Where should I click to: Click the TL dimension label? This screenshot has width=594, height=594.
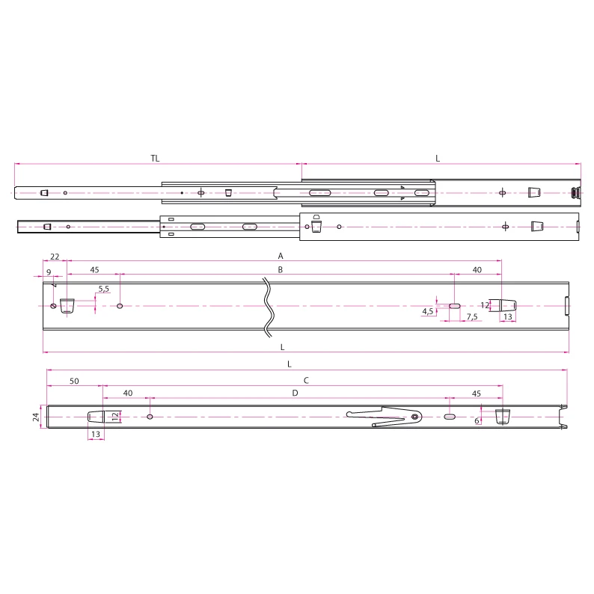[155, 158]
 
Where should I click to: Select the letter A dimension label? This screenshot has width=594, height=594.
[280, 255]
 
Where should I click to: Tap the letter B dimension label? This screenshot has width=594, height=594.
[280, 269]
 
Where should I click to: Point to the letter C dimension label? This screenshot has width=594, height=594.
[305, 380]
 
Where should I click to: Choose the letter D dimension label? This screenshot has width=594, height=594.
[295, 392]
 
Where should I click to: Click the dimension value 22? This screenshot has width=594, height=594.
[55, 256]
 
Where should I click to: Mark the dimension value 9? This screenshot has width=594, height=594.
[49, 271]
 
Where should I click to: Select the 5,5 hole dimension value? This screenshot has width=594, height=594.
[103, 289]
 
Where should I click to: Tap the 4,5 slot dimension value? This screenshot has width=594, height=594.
[428, 310]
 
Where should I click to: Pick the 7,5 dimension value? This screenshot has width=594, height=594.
[472, 317]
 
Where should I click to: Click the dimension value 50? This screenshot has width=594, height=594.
[74, 381]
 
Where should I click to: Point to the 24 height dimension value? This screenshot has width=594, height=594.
[35, 417]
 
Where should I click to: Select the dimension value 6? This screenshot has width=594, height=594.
[477, 420]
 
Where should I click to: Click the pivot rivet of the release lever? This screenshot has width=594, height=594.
[415, 416]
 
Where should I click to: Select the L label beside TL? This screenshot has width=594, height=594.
[438, 158]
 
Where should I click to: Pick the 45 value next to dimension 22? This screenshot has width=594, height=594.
[94, 269]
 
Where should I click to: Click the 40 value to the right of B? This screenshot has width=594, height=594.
[477, 269]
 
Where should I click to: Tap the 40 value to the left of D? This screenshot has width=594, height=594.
[127, 392]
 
